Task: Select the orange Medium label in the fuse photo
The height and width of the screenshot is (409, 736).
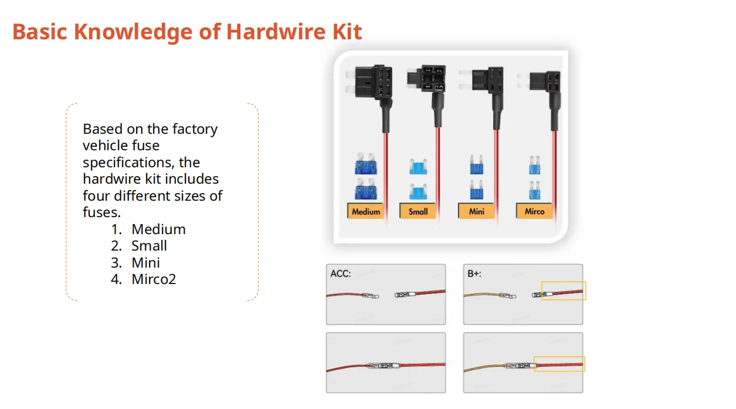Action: pos(366,211)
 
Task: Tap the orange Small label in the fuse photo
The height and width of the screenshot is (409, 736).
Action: pos(418,211)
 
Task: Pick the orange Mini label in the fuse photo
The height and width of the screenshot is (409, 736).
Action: pos(477,211)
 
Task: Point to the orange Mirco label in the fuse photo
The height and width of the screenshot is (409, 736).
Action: pos(534,211)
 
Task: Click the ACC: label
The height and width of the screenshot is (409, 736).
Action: pos(341,273)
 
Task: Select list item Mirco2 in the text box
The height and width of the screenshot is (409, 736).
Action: pos(154,279)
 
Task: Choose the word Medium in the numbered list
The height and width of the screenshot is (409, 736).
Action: pos(158,229)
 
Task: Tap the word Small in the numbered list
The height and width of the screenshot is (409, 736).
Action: pos(149,245)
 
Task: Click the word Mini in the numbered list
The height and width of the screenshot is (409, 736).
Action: pos(145,262)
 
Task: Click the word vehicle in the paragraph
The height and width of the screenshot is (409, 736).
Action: pos(104,145)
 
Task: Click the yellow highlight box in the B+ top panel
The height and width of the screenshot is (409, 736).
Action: pos(563,290)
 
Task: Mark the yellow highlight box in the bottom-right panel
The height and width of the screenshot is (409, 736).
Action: pos(559,364)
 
